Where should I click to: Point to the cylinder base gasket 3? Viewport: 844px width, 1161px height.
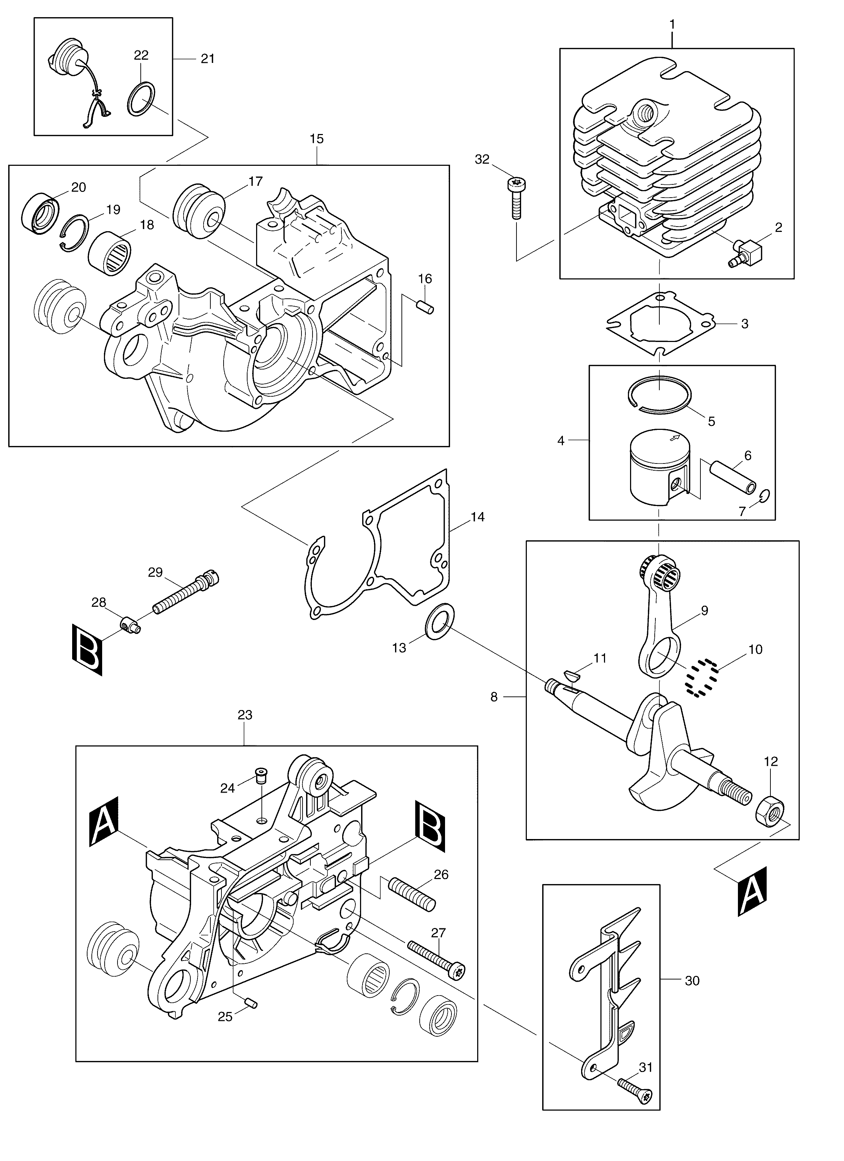(660, 322)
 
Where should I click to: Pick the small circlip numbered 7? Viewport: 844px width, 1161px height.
(765, 496)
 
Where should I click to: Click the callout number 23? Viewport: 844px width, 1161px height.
(245, 715)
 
